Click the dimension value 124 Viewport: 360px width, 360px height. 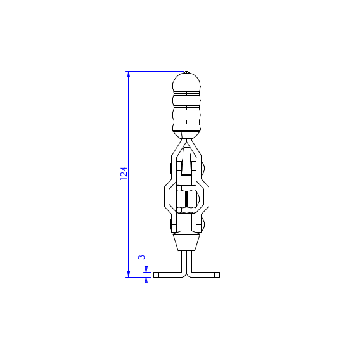tap(124, 174)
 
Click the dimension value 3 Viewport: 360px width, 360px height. tap(142, 257)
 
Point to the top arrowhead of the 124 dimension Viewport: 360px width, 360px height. tap(128, 74)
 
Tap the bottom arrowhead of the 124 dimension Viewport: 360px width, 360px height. tap(128, 274)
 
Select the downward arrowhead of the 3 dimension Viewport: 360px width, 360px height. tap(146, 269)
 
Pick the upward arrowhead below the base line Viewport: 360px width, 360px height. tap(146, 280)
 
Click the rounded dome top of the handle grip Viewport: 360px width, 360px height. tap(186, 82)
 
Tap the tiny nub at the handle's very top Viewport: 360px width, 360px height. tap(186, 72)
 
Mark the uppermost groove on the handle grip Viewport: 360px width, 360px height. tap(186, 93)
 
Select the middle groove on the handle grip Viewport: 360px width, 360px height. tap(186, 107)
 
